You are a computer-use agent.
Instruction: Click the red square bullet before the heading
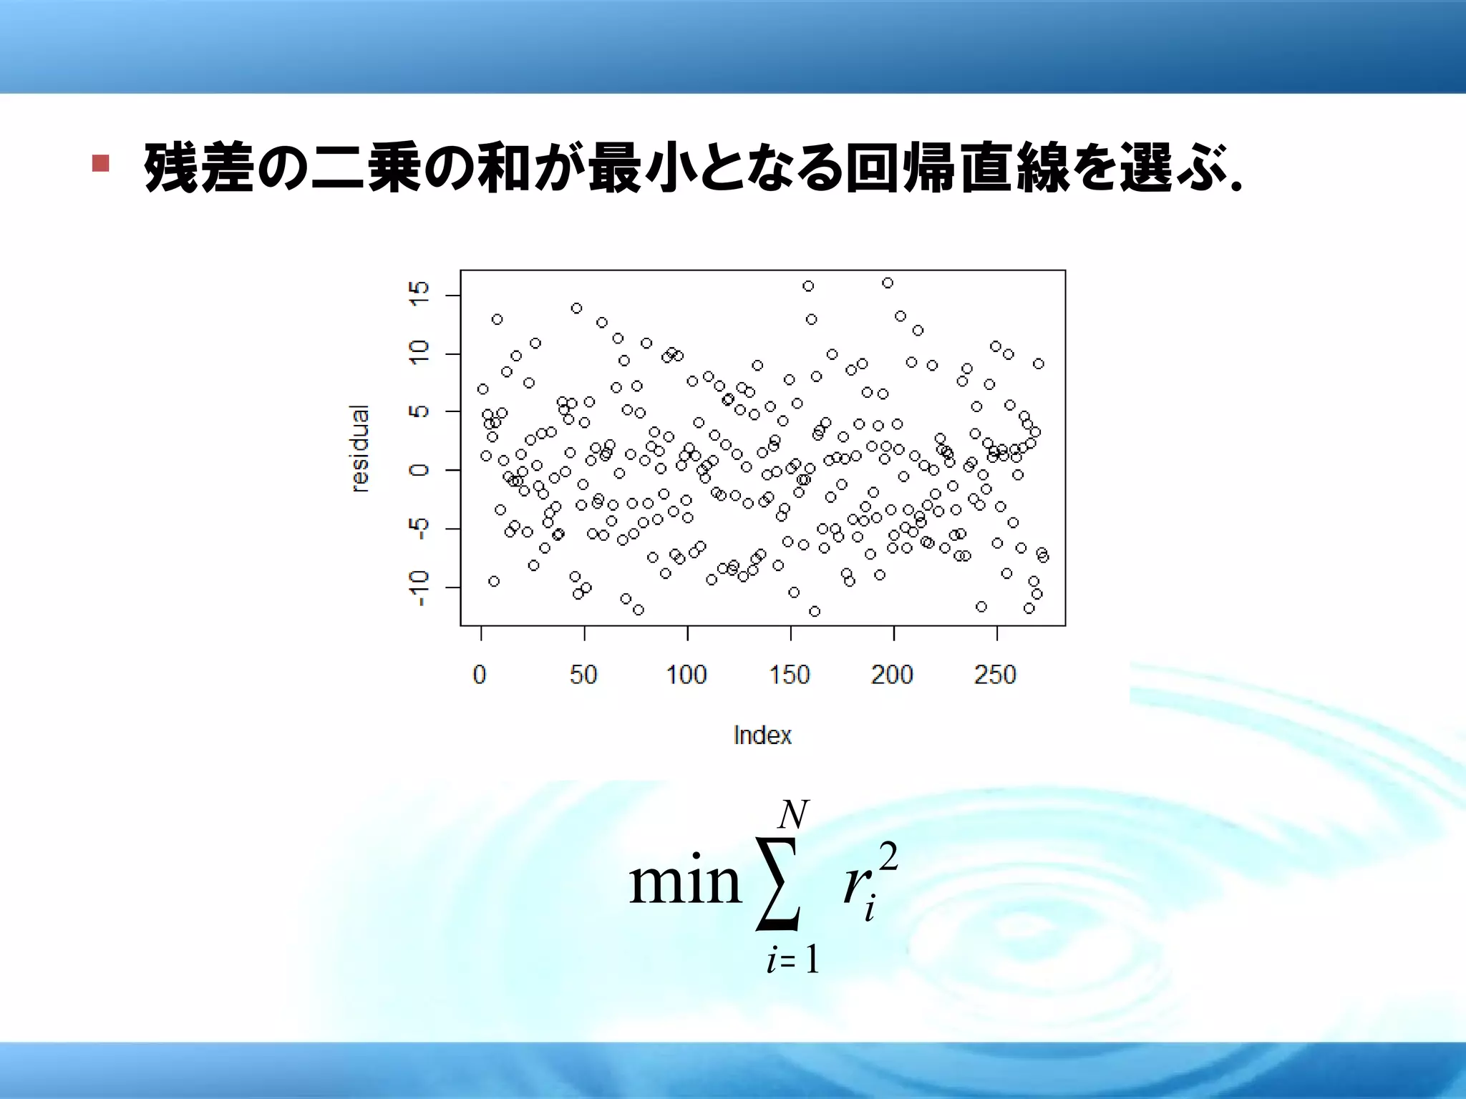click(x=100, y=163)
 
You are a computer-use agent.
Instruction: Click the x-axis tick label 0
click(x=480, y=675)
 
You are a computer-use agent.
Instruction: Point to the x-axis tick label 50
click(x=583, y=675)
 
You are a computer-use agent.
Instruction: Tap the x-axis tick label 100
click(x=686, y=675)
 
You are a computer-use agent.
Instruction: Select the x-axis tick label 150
click(x=790, y=675)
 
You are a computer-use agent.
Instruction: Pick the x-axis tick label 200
click(x=892, y=675)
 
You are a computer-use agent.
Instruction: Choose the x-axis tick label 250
click(x=995, y=675)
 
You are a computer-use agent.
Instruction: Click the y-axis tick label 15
click(x=419, y=294)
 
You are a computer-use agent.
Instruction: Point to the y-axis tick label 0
click(x=419, y=470)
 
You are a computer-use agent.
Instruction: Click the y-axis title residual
click(x=361, y=449)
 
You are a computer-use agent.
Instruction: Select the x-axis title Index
click(x=762, y=736)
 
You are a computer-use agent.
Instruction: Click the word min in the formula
click(x=684, y=882)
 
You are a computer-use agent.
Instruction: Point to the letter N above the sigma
click(x=793, y=815)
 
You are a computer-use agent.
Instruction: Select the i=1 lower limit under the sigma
click(x=792, y=960)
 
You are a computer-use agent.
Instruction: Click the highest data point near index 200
click(x=888, y=283)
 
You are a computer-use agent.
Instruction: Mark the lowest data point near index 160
click(x=815, y=611)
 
